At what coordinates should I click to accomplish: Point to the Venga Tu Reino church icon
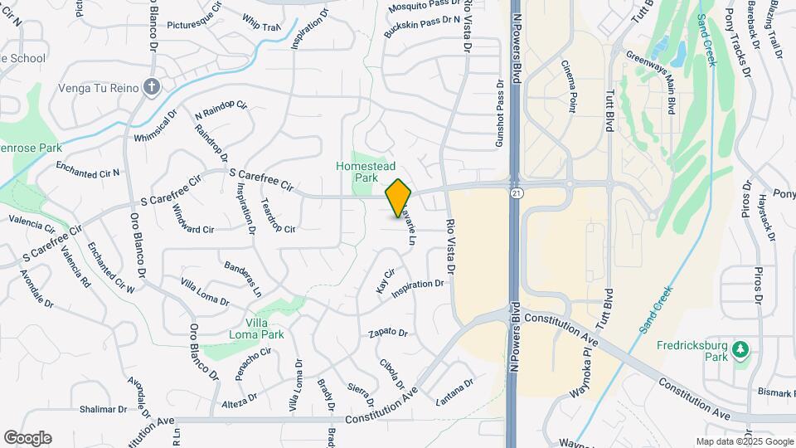pos(151,86)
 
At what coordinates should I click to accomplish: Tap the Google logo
pos(27,438)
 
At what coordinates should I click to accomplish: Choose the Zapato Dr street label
pos(389,334)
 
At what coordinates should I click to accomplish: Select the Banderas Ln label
pos(242,280)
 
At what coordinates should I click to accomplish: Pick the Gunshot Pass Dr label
pos(500,114)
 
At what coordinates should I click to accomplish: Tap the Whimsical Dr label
pos(155,124)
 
